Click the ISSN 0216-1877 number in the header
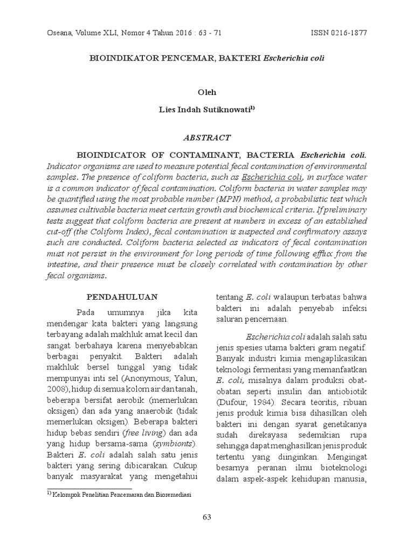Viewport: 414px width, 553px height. [339, 32]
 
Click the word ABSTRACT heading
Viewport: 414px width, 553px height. [206, 138]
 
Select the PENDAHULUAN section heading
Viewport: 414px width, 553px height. [122, 296]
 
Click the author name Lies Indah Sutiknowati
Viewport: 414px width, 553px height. [206, 109]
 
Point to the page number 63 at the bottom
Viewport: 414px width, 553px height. [207, 517]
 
